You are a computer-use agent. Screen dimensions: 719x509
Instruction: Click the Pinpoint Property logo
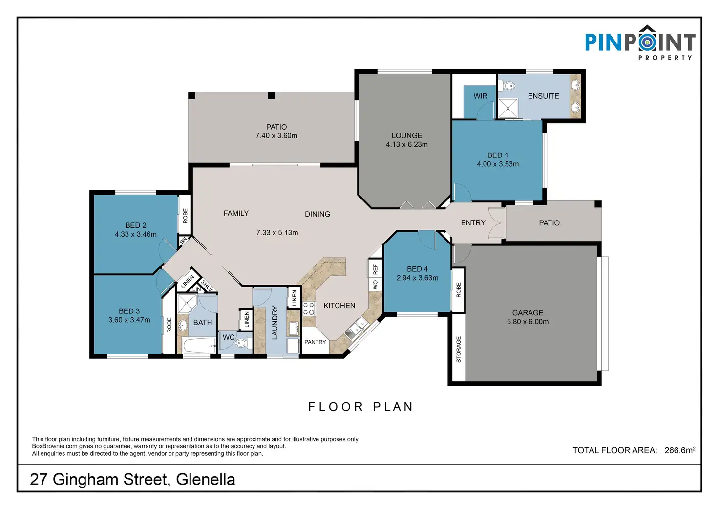tap(640, 43)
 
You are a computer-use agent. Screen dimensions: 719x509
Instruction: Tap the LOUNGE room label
tap(407, 135)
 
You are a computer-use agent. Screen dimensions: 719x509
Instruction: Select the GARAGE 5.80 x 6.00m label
tap(528, 317)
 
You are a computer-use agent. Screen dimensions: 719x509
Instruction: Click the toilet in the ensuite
tap(508, 86)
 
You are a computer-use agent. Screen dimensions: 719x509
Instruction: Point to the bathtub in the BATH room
tap(199, 345)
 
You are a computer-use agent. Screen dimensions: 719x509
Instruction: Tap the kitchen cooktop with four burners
tap(309, 309)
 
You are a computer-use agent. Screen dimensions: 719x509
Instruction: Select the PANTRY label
tap(315, 342)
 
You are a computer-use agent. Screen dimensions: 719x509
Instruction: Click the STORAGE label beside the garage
tap(458, 350)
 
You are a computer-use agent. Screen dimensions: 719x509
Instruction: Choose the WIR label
tap(480, 96)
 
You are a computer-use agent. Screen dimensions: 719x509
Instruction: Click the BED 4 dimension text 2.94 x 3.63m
tap(417, 278)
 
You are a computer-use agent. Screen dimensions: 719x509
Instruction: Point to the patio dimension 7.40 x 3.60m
tap(276, 136)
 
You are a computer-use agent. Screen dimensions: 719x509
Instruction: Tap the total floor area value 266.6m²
tap(680, 450)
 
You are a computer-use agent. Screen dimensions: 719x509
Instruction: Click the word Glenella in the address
tap(206, 480)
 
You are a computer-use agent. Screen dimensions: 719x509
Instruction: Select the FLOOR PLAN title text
tap(360, 407)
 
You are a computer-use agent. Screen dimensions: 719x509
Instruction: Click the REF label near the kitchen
tap(375, 269)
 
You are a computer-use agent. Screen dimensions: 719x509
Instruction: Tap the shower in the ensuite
tap(508, 108)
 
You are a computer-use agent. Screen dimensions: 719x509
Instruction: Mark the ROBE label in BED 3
tap(169, 325)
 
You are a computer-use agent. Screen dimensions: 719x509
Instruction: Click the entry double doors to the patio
tap(496, 222)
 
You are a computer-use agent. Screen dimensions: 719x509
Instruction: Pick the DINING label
tap(317, 214)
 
